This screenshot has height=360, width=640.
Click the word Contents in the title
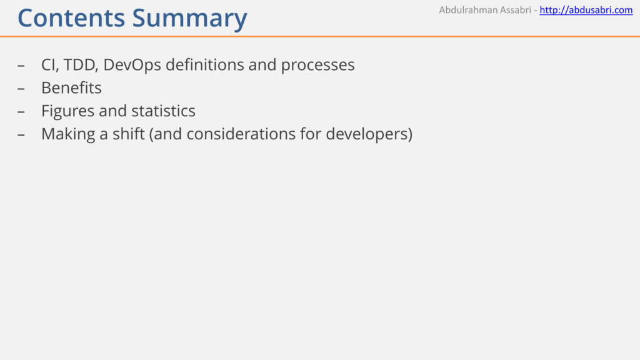71,18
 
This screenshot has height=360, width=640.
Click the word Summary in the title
190,19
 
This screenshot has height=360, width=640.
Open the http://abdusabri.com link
586,10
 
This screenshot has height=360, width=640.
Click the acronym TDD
81,65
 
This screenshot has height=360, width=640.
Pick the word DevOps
132,65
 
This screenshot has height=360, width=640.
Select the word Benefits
71,87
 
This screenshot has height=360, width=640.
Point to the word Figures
68,111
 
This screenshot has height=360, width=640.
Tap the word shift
129,134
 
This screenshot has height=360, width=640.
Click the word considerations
241,134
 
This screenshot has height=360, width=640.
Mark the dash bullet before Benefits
21,89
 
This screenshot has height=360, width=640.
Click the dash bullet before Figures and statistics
21,111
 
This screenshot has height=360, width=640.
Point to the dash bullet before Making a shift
21,134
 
